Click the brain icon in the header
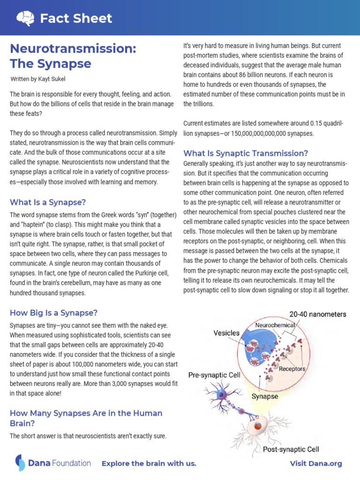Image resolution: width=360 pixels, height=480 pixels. point(24,18)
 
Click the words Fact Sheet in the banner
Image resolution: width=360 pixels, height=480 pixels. point(76,18)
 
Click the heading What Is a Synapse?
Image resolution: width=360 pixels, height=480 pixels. point(48,202)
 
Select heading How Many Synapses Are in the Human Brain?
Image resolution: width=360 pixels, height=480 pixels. point(86,418)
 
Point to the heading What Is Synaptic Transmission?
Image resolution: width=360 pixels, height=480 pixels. point(246,153)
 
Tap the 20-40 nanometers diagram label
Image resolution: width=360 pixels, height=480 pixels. point(318,314)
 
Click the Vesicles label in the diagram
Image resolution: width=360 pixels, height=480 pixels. point(226,333)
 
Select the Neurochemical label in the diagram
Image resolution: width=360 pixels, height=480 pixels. point(275,325)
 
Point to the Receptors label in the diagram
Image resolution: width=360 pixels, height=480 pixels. point(292,368)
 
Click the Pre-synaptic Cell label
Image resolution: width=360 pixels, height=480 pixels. point(214,375)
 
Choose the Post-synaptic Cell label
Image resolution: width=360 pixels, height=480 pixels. point(291,449)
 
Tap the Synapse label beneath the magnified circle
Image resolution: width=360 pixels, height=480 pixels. point(265,396)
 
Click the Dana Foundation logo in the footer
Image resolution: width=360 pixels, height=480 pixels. point(52,463)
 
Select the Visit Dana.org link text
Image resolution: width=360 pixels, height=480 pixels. point(316,464)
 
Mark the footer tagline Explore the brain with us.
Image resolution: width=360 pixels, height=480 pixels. point(149,464)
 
